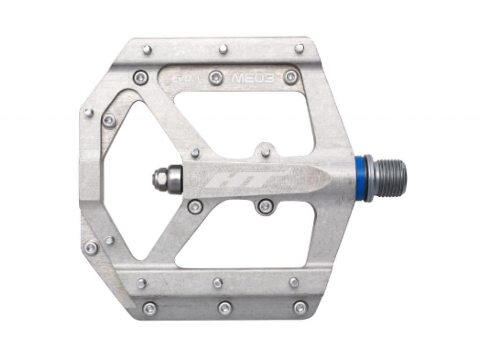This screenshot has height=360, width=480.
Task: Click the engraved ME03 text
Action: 253,78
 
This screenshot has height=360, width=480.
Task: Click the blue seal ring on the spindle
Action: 367,178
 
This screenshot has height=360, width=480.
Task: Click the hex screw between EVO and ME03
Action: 216,77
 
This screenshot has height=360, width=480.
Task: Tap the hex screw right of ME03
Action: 290,77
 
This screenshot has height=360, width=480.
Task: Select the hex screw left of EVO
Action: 140,77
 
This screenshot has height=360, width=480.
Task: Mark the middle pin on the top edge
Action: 223,48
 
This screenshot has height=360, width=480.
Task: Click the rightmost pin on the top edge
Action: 300,48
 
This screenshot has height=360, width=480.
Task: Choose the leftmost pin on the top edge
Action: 147,49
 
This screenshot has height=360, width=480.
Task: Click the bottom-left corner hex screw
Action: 150,308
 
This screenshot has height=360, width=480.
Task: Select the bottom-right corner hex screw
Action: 300,307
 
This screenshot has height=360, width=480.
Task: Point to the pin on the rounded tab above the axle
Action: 265,152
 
